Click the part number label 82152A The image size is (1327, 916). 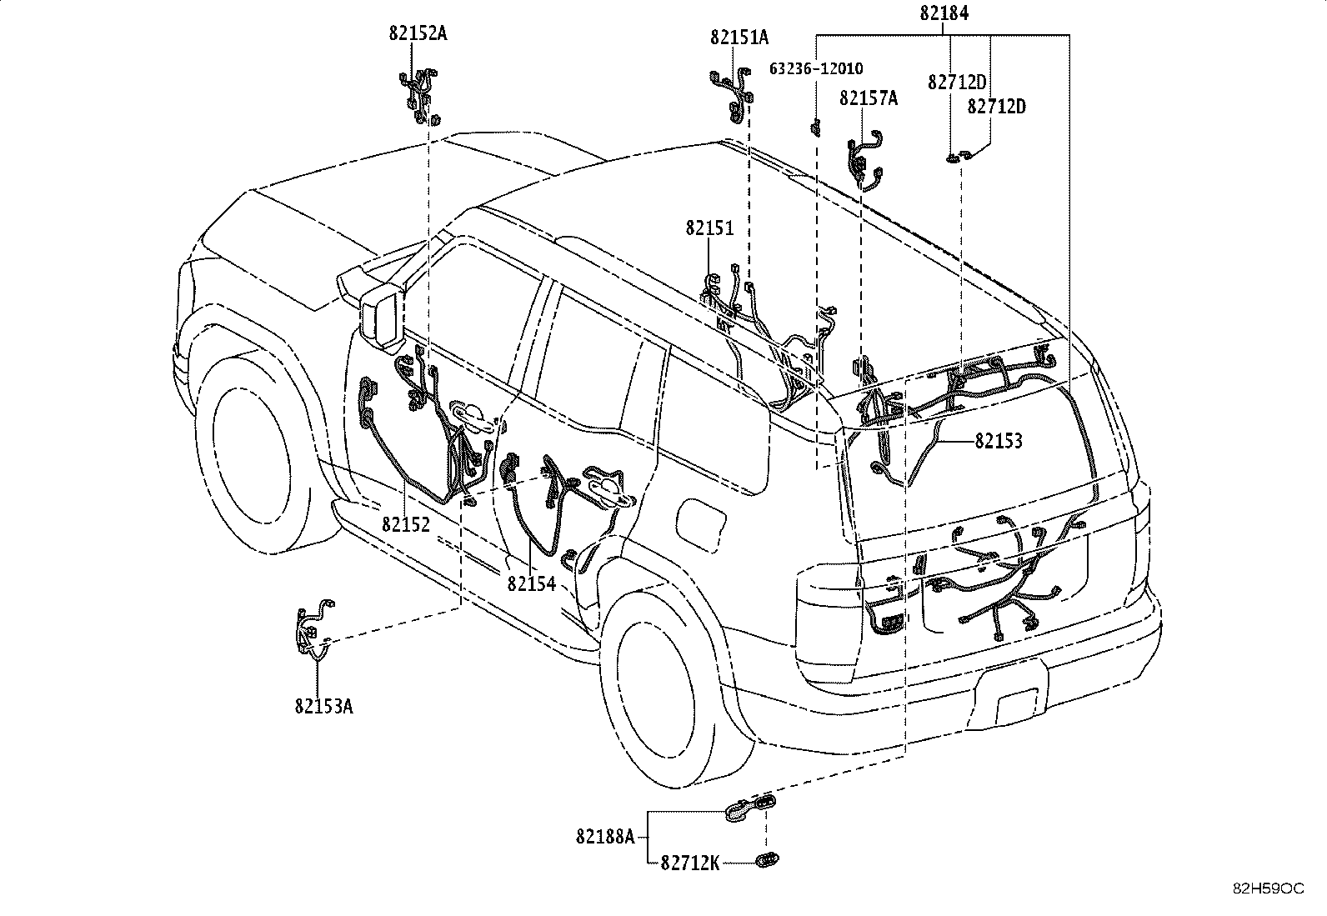tap(418, 33)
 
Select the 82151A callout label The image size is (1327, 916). tap(739, 38)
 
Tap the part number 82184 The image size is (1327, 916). tap(944, 13)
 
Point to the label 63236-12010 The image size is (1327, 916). tap(816, 68)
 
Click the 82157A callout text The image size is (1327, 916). tap(869, 98)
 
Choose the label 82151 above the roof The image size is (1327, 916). tap(709, 228)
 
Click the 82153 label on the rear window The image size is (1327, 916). tap(999, 441)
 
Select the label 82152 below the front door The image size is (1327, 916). tap(406, 524)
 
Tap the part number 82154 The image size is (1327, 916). tap(532, 583)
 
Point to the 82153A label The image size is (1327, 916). tap(324, 706)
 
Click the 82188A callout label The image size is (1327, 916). tap(605, 837)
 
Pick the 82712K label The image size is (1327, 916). tap(690, 863)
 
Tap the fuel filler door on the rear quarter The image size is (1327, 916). tap(701, 524)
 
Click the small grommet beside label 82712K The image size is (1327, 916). tap(767, 859)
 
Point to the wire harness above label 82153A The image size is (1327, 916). tap(314, 629)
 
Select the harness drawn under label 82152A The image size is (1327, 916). tap(420, 95)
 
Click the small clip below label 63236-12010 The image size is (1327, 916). tap(816, 128)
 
